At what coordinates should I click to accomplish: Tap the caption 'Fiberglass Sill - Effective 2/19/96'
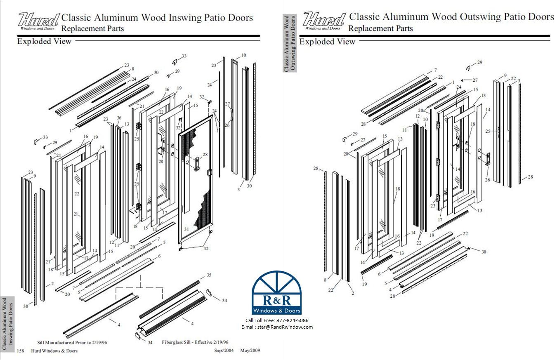click(195, 342)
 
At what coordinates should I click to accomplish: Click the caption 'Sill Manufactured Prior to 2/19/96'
click(72, 342)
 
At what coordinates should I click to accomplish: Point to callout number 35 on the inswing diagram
click(209, 275)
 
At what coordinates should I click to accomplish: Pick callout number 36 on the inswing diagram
click(119, 118)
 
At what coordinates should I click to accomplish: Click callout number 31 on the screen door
click(186, 229)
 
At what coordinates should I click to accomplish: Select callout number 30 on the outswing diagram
click(484, 252)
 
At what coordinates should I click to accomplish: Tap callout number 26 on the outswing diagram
click(487, 180)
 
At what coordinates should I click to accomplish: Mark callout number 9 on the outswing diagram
click(505, 76)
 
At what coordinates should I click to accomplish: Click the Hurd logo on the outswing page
click(324, 21)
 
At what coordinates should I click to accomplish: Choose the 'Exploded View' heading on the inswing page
click(44, 41)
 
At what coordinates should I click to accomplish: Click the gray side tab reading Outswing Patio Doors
click(290, 43)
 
